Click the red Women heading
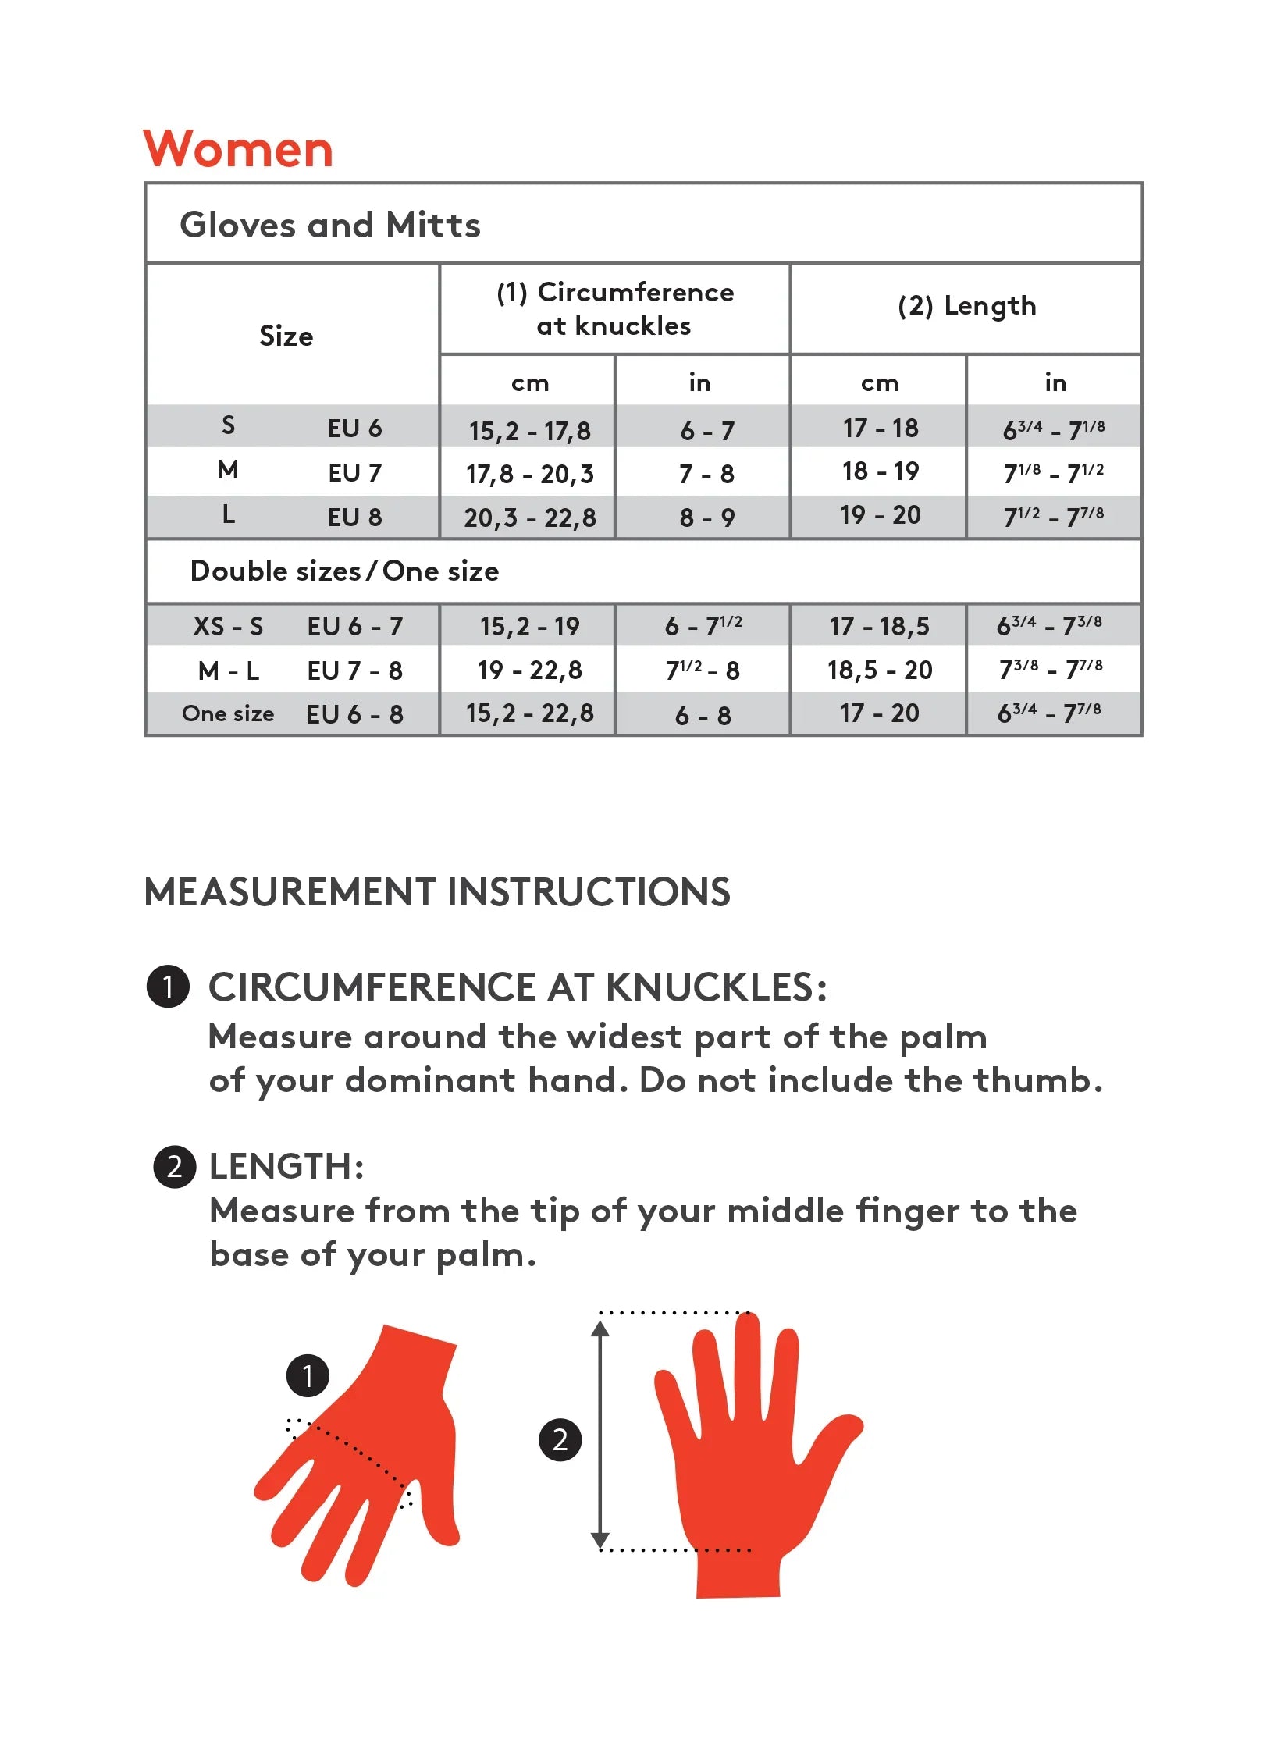coord(238,148)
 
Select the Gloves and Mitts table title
coord(329,225)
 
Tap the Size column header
coord(286,336)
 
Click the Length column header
coord(966,306)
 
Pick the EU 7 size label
coord(354,473)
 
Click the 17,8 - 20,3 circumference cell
coord(529,474)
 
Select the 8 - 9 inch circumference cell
coord(706,518)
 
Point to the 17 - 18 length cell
coord(880,429)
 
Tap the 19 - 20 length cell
coord(880,515)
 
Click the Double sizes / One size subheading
coord(344,571)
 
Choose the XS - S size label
coord(228,626)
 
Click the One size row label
coord(228,713)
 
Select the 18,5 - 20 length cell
coord(880,670)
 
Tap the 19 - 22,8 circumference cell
coord(529,670)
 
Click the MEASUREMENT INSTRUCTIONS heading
coord(437,892)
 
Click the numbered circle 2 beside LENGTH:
coord(174,1167)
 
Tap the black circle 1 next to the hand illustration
coord(308,1375)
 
